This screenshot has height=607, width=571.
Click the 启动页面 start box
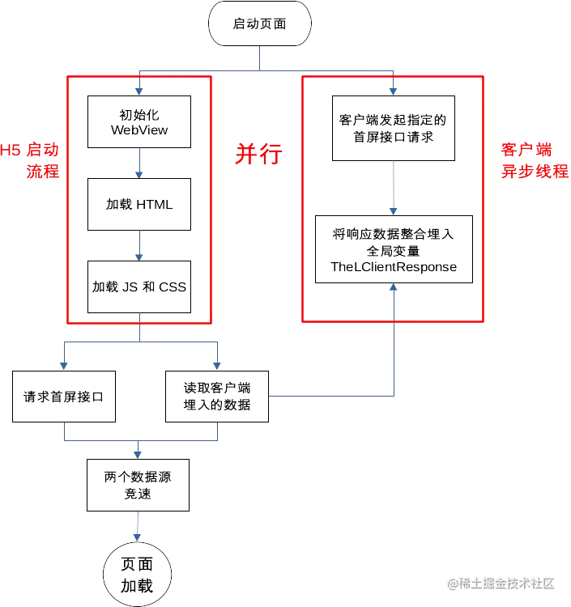[259, 24]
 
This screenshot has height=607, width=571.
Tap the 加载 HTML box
[139, 204]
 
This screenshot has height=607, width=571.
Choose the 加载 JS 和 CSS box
[139, 287]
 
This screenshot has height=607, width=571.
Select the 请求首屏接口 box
[62, 397]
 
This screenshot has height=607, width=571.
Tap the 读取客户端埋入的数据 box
[216, 397]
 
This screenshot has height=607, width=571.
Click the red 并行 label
[258, 155]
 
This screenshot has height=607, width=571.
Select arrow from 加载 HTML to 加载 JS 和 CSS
[139, 245]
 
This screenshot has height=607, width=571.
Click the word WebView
[139, 130]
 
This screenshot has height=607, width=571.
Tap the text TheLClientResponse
[394, 266]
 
